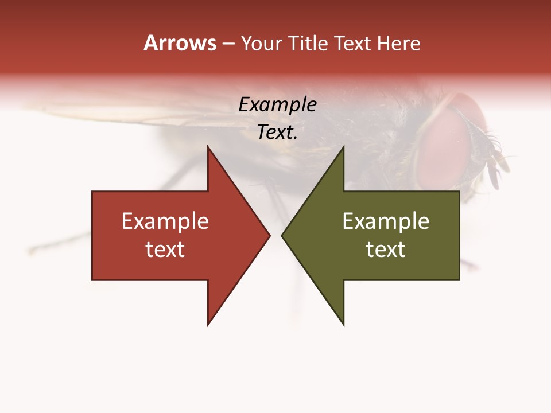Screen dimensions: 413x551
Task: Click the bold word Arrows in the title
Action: pyautogui.click(x=180, y=43)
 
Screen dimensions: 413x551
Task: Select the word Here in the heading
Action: pyautogui.click(x=398, y=44)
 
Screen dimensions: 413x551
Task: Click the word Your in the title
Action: pyautogui.click(x=261, y=44)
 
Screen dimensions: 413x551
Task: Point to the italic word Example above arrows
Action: pyautogui.click(x=277, y=105)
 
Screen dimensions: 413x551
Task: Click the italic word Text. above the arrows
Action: pyautogui.click(x=277, y=133)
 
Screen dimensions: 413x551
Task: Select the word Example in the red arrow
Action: pyautogui.click(x=165, y=221)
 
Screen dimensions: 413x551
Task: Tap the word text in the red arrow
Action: pyautogui.click(x=165, y=250)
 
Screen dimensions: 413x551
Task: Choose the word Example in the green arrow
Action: pyautogui.click(x=386, y=221)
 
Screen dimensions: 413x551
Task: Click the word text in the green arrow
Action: pyautogui.click(x=386, y=250)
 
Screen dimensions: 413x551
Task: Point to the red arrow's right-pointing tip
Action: pyautogui.click(x=269, y=235)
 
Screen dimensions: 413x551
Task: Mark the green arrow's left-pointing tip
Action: pyautogui.click(x=282, y=235)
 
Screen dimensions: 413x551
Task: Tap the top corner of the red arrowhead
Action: pyautogui.click(x=208, y=147)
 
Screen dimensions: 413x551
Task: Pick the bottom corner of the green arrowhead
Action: pyautogui.click(x=343, y=325)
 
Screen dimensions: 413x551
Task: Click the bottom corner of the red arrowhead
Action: pyautogui.click(x=208, y=325)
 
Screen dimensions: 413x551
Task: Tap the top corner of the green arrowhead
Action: pyautogui.click(x=343, y=147)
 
